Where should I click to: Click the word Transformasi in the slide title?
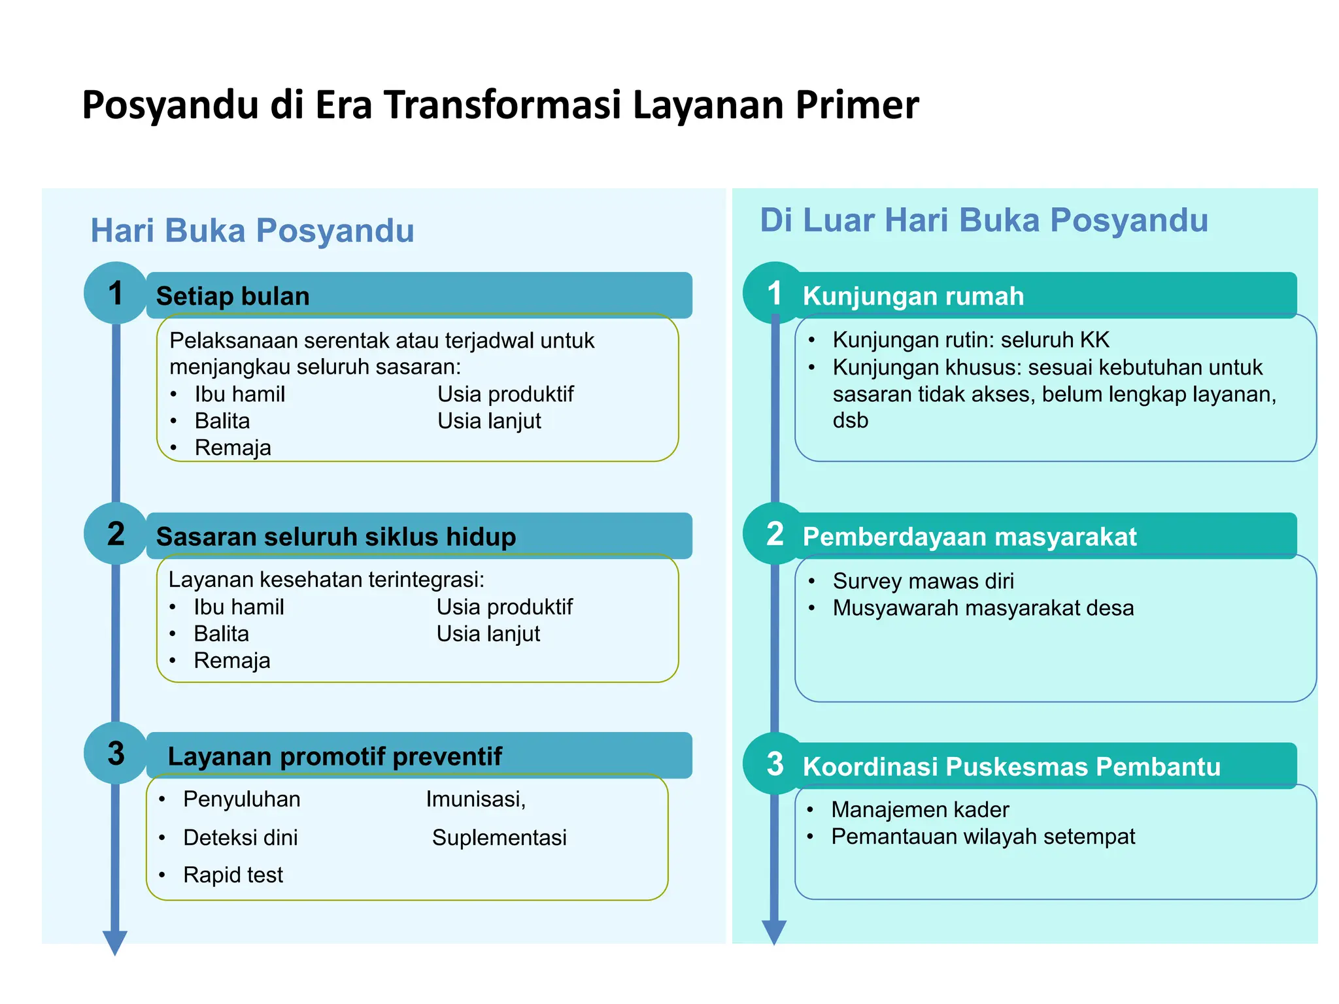coord(501,105)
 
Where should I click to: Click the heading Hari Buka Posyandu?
coord(252,230)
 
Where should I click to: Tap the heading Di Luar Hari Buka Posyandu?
coord(983,220)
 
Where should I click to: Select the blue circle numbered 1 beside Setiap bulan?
coord(116,293)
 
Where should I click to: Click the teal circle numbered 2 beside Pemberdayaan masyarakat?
coord(775,533)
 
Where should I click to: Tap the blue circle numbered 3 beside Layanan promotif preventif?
coord(116,753)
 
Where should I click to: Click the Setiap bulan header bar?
coord(418,295)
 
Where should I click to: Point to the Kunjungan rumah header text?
coord(913,296)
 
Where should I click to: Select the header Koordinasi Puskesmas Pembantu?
coord(1011,766)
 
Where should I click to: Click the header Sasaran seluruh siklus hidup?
coord(336,537)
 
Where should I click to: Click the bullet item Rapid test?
coord(233,875)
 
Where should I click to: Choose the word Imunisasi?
coord(475,799)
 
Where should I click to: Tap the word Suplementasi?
coord(499,837)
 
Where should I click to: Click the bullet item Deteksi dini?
coord(240,837)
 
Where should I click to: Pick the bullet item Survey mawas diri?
coord(923,580)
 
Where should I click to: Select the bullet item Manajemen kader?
coord(920,809)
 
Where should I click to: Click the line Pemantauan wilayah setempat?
coord(983,836)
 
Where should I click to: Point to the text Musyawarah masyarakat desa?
coord(983,608)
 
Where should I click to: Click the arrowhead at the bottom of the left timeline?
coord(115,943)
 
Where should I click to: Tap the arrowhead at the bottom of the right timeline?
coord(774,932)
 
